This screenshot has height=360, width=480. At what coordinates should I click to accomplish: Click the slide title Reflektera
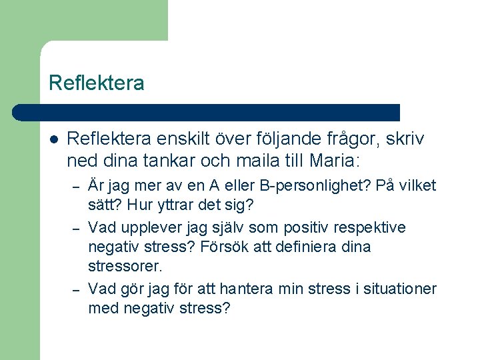(96, 83)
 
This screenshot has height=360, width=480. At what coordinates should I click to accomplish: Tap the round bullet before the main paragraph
(55, 140)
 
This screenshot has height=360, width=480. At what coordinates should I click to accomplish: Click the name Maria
(333, 161)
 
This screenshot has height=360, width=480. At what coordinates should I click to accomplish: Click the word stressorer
(124, 266)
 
